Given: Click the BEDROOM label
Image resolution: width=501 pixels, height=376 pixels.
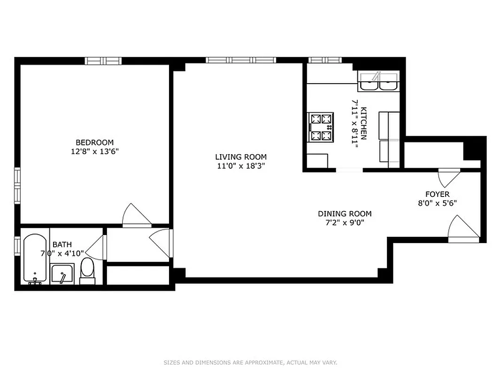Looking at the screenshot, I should [94, 142].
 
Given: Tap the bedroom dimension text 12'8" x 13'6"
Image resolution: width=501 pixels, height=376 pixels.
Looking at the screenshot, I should [94, 151].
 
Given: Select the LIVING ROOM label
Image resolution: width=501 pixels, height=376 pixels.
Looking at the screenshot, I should [241, 157].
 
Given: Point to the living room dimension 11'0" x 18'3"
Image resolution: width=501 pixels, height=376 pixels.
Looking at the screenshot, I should [241, 166].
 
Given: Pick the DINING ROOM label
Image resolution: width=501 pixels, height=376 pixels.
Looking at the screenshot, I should [344, 214].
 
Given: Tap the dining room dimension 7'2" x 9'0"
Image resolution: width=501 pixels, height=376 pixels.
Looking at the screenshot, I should [344, 223].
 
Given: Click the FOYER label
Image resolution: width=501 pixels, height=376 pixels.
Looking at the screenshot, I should [437, 194].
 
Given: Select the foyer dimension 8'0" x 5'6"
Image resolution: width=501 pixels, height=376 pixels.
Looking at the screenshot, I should [437, 203].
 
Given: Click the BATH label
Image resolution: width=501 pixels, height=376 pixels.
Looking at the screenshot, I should [62, 244].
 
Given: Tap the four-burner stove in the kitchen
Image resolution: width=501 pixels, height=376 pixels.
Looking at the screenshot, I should [321, 127].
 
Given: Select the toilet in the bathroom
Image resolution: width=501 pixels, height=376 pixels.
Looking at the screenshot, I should [87, 271].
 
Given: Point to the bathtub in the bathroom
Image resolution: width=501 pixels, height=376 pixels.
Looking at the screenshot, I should [36, 258].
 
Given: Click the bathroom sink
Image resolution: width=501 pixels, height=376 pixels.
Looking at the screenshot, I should [62, 274].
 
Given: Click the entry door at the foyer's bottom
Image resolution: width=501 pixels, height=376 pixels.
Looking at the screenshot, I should [463, 229].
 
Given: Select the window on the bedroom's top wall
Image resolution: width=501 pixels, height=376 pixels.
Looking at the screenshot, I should [103, 61].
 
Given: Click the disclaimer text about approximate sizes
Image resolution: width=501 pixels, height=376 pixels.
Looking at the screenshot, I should [250, 362].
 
